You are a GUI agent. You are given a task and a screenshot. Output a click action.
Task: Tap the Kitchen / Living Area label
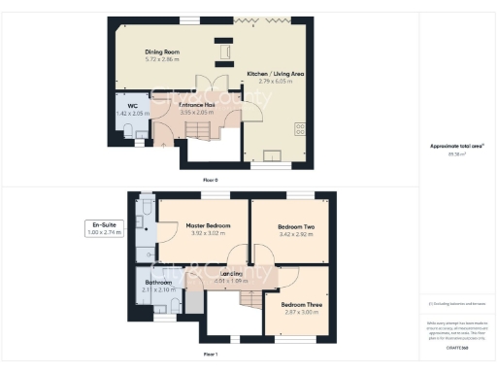click(x=276, y=74)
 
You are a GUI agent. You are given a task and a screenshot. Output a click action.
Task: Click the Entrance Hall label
click(x=197, y=103)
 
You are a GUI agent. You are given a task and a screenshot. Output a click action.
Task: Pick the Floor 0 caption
click(x=211, y=181)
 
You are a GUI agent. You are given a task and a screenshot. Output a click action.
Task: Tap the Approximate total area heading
click(x=457, y=146)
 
